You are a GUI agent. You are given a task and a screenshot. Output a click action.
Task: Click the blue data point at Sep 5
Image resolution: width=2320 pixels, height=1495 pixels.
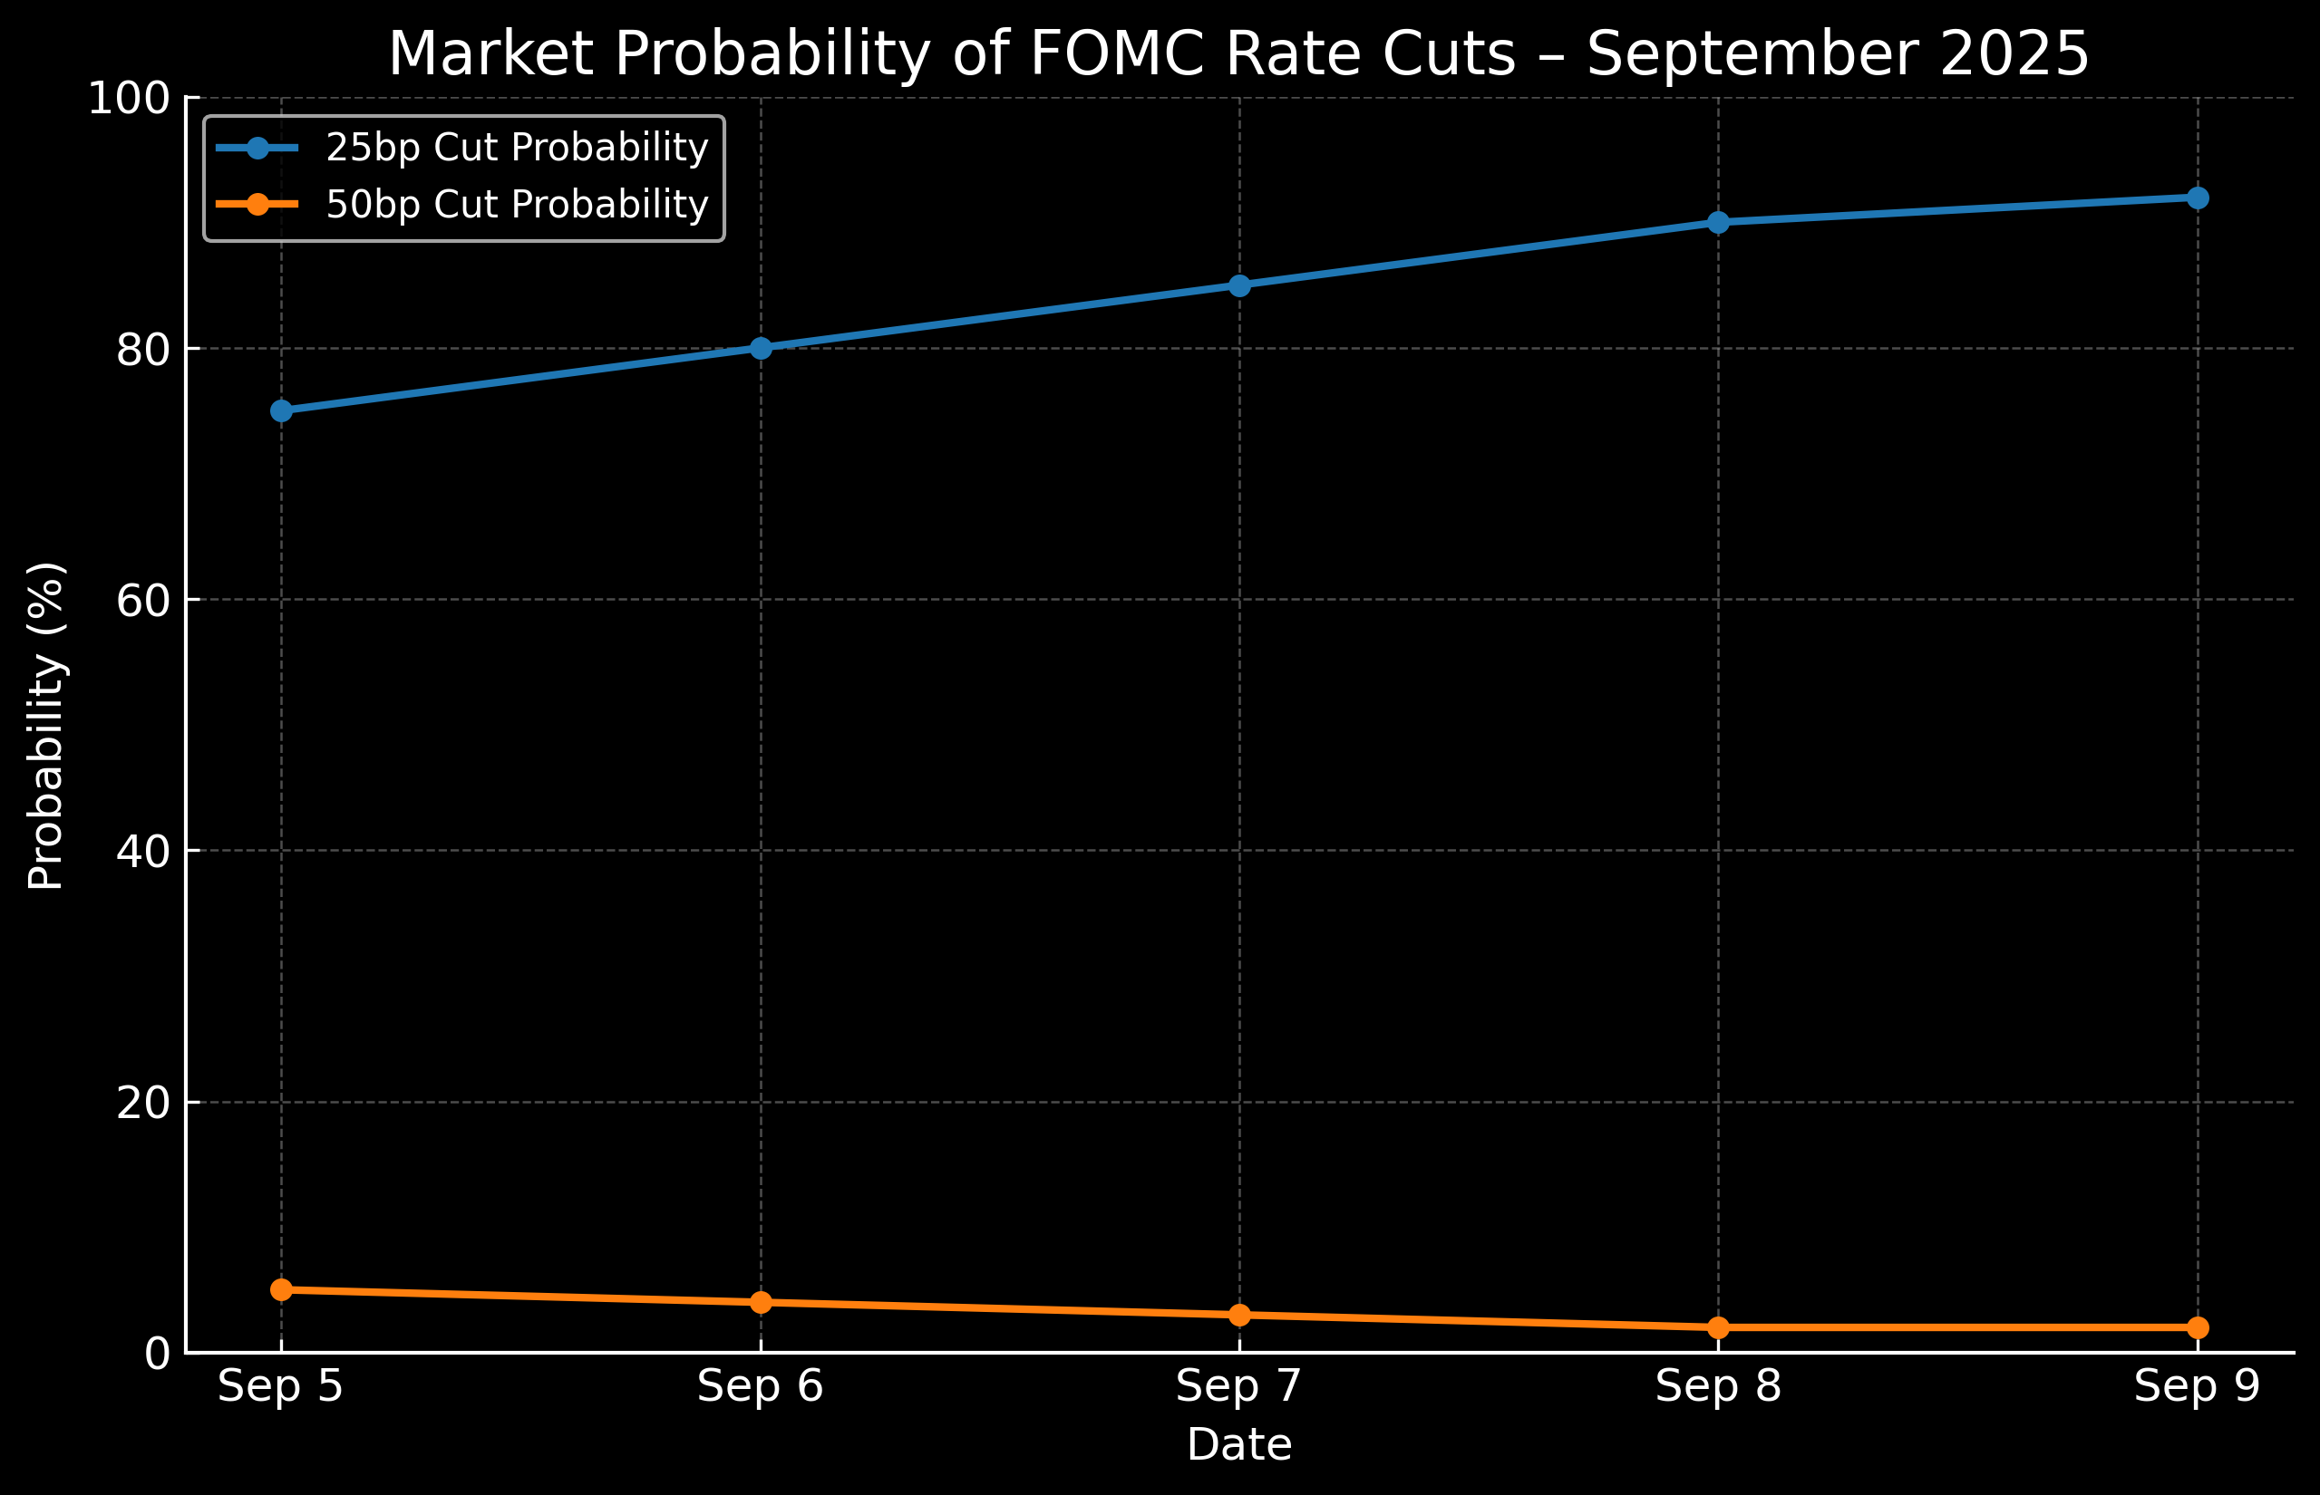282,410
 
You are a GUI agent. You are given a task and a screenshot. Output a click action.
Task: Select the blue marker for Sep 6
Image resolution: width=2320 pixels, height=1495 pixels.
761,348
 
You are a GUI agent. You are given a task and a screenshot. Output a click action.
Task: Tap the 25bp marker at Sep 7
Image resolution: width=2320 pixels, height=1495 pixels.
1239,285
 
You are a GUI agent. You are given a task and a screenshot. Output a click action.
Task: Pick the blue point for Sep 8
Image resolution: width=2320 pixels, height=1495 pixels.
1718,222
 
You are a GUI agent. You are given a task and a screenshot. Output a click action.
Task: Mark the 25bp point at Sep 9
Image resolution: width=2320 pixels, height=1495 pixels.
2197,198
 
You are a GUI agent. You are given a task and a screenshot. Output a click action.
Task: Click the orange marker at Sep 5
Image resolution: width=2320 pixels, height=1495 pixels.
282,1289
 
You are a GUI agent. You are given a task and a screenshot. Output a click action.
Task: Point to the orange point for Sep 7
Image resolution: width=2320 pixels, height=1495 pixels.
1239,1315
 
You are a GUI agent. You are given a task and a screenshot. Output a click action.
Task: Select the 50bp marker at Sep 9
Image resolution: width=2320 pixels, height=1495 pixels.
2197,1327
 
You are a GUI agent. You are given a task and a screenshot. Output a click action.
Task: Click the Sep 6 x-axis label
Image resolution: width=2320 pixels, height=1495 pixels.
761,1386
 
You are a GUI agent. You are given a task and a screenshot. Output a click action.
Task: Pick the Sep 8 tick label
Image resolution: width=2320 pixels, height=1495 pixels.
1718,1386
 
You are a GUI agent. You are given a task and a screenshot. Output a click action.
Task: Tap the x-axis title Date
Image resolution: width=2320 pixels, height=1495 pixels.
1239,1445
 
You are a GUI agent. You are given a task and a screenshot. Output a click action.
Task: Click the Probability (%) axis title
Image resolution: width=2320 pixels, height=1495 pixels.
45,725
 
